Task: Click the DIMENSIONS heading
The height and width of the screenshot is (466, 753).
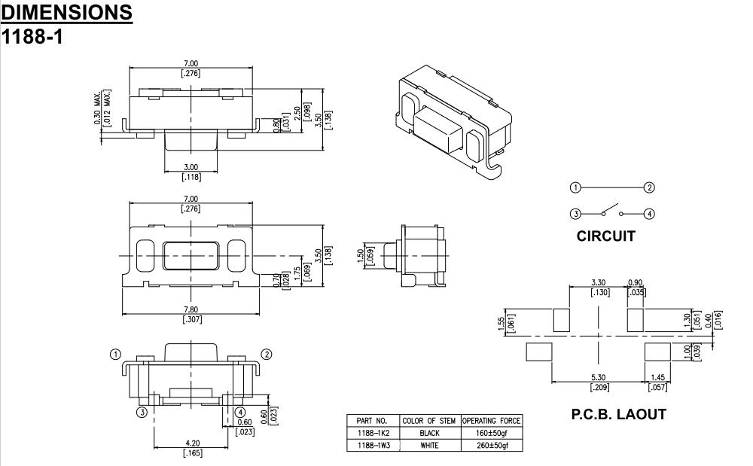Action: pos(67,12)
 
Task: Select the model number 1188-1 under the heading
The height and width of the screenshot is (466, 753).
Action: pos(32,35)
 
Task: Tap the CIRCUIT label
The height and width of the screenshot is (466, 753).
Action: pos(605,236)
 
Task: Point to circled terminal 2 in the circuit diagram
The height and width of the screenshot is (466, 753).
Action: pos(650,187)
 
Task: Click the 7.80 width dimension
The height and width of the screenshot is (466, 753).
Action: pos(192,310)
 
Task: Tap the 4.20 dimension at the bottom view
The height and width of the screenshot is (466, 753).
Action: pos(192,443)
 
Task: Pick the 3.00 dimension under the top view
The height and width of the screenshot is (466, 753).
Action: pos(192,167)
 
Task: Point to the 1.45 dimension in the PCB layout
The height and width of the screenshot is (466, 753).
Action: pos(657,378)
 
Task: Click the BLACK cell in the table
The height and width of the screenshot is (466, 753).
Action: pos(429,434)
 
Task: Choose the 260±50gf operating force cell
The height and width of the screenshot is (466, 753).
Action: pos(491,446)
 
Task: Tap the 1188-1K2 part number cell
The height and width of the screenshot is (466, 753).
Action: pos(370,434)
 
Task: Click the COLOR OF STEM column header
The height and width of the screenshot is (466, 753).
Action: pos(429,421)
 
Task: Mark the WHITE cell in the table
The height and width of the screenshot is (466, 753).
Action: pos(429,446)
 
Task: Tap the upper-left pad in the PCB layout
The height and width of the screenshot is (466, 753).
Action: pos(562,320)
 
